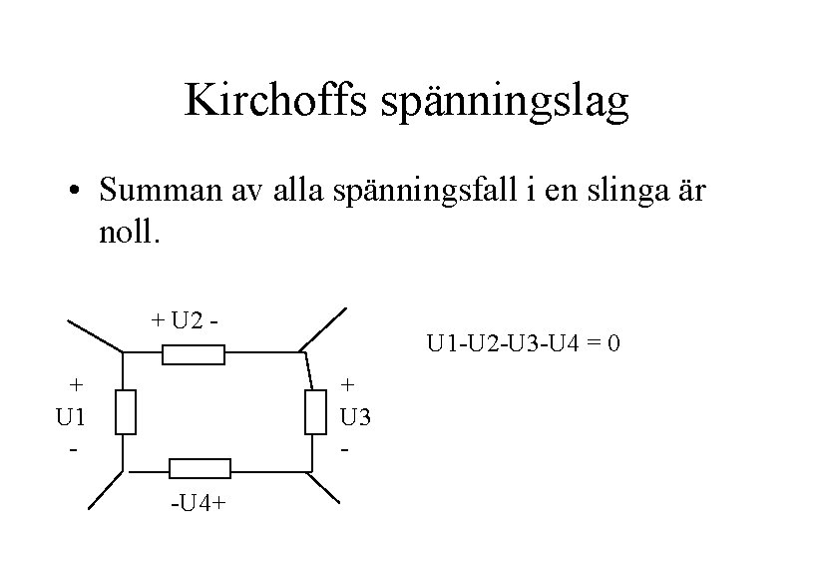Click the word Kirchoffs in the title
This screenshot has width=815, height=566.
tap(263, 102)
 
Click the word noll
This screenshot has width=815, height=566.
tap(127, 235)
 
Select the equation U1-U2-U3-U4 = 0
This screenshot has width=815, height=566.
tap(524, 344)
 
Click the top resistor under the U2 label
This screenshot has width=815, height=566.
tap(194, 354)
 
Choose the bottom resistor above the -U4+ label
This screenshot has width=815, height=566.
tap(200, 468)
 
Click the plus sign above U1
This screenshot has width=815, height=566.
tap(75, 384)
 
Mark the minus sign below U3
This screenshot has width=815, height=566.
tap(346, 450)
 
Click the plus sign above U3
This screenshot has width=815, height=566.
tap(347, 384)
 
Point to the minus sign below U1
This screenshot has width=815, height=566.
tap(74, 450)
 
